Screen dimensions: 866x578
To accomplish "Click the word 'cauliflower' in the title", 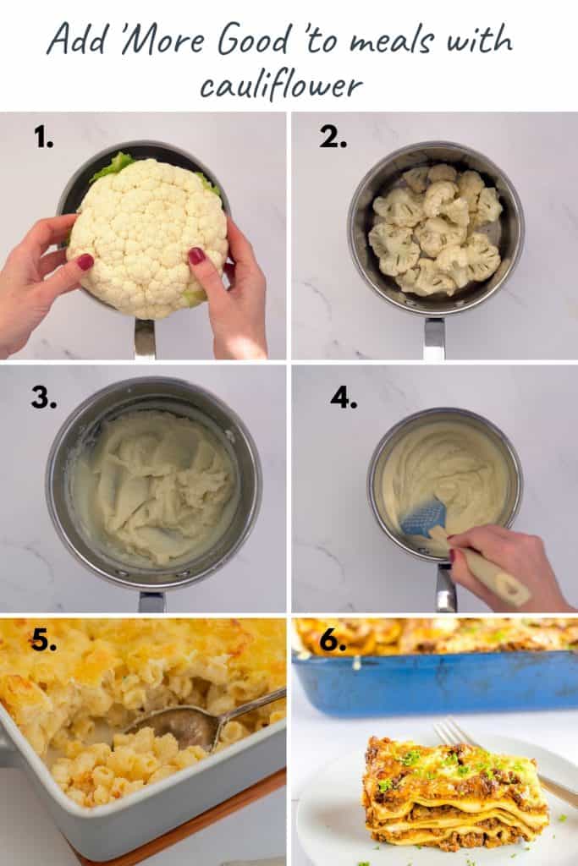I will click(x=281, y=83).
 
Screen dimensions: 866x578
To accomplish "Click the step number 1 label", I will click(x=43, y=138).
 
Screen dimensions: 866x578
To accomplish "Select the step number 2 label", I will click(x=333, y=138).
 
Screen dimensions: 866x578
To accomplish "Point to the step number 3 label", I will click(x=43, y=397).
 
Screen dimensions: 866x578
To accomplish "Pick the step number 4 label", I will click(x=344, y=397).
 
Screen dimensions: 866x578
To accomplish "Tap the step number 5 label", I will click(x=43, y=642).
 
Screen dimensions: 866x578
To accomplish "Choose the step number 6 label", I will click(x=333, y=642).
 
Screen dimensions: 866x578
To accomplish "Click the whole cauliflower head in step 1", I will click(x=148, y=237).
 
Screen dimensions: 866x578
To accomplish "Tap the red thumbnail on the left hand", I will click(x=85, y=262).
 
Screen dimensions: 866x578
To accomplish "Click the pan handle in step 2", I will click(x=434, y=338).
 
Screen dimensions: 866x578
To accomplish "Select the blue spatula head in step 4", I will click(x=423, y=517).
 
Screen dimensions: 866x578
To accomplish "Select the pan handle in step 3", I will click(x=152, y=601).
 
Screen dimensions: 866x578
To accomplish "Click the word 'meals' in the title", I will click(x=405, y=41).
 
